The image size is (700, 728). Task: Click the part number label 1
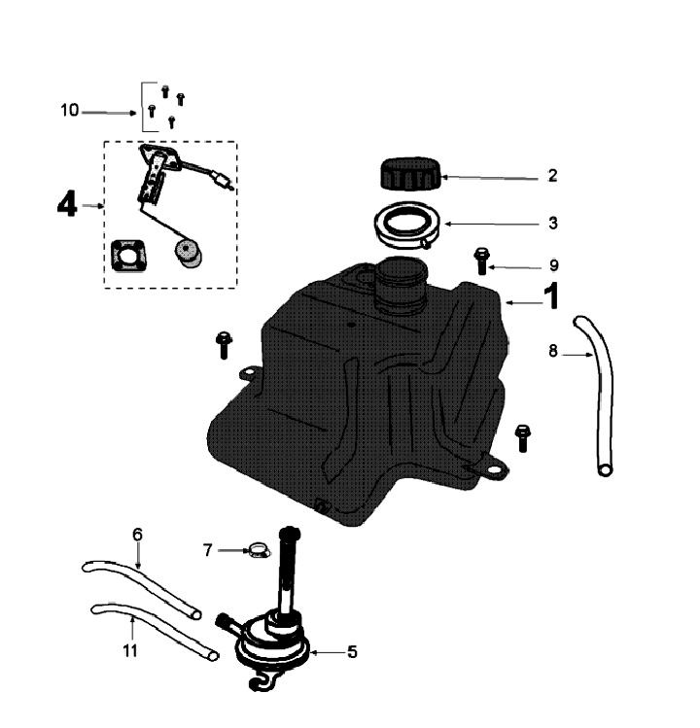(550, 296)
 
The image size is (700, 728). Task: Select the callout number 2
(552, 176)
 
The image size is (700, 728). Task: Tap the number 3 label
(552, 223)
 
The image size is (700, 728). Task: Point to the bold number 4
(66, 206)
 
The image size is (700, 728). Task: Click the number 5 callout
(352, 652)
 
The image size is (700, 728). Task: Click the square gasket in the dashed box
(127, 257)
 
